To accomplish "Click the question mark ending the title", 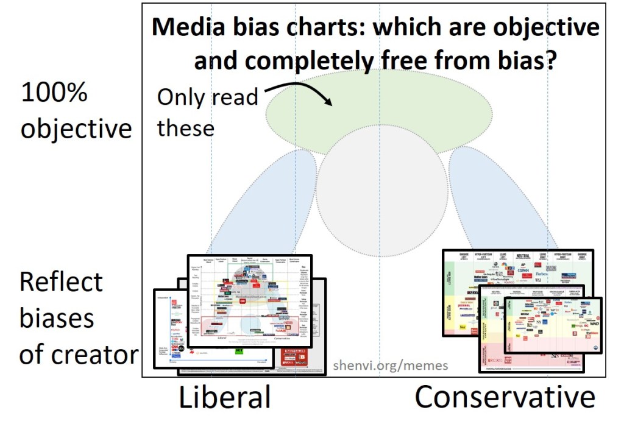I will click(550, 60).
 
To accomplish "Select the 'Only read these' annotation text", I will click(207, 112).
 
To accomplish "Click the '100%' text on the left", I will click(55, 93).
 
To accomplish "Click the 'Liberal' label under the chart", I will click(224, 398).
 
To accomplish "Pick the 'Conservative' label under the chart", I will click(505, 398).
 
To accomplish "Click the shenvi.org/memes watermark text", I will click(391, 366).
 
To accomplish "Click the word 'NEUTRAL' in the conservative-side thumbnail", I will click(522, 256).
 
